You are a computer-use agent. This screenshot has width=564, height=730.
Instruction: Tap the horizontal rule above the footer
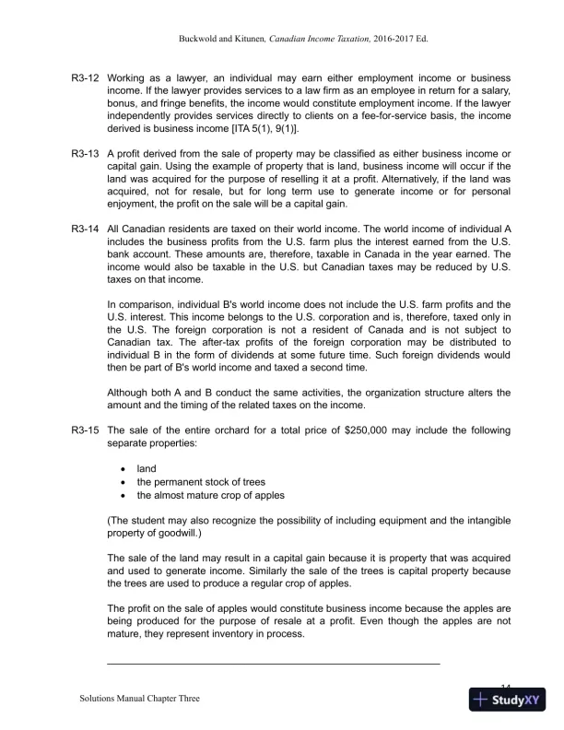[274, 662]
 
